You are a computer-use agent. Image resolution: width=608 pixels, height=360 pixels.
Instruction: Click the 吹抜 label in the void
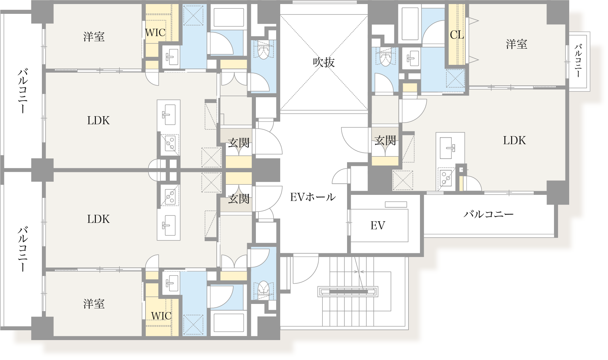pyautogui.click(x=323, y=62)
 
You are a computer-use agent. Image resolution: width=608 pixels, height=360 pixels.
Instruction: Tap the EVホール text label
pyautogui.click(x=313, y=197)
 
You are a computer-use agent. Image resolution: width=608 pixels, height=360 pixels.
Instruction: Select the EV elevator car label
pyautogui.click(x=377, y=225)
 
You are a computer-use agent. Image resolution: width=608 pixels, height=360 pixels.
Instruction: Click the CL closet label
pyautogui.click(x=456, y=35)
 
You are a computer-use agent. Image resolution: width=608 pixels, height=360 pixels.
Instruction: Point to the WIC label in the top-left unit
pyautogui.click(x=155, y=33)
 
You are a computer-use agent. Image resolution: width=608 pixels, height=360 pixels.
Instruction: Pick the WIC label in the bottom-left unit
pyautogui.click(x=161, y=316)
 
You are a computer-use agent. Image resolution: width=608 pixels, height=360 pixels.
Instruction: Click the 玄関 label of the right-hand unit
pyautogui.click(x=385, y=140)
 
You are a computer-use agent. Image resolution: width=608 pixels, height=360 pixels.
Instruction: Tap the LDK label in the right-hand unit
pyautogui.click(x=514, y=140)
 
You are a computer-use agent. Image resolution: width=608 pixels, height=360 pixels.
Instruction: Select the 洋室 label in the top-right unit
pyautogui.click(x=516, y=44)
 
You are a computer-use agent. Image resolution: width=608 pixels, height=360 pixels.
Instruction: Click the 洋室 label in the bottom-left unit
pyautogui.click(x=94, y=304)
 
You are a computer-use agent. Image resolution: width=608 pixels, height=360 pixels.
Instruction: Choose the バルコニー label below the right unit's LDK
pyautogui.click(x=488, y=214)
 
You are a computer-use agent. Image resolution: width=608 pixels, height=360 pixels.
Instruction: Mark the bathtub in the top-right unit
pyautogui.click(x=410, y=24)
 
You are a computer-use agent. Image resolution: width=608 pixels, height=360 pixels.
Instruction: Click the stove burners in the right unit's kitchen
pyautogui.click(x=446, y=178)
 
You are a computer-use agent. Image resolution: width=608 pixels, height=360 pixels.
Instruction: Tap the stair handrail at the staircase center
pyautogui.click(x=348, y=291)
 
